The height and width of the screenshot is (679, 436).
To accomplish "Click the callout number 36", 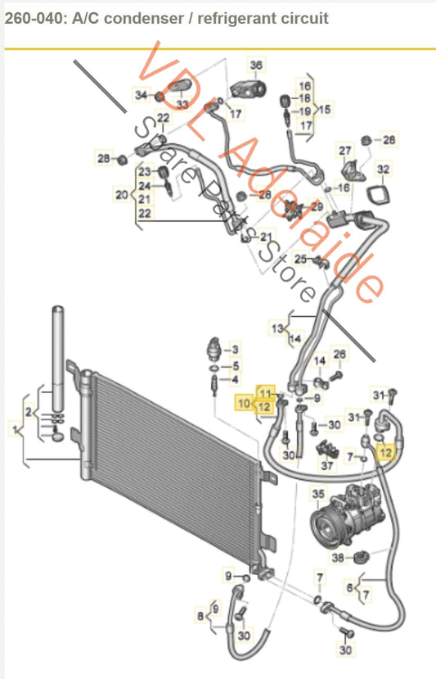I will (x=256, y=65).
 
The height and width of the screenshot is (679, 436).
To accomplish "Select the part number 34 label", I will (x=141, y=96).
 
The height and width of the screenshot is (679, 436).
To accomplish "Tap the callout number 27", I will (x=344, y=151).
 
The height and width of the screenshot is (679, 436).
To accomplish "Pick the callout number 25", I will (x=301, y=260).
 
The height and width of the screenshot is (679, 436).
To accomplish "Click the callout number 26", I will (x=340, y=354).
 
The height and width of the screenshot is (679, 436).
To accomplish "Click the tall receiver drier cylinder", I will (x=59, y=357).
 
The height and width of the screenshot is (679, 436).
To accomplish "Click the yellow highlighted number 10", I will (x=243, y=403).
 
